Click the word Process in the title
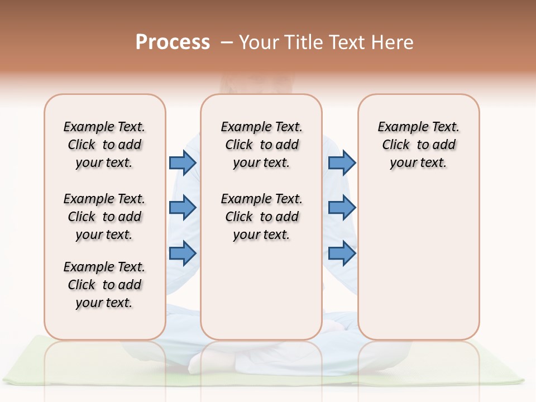(173, 42)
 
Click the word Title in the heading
(304, 42)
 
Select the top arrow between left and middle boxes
(183, 162)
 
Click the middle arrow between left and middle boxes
(183, 208)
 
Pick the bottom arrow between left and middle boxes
(183, 253)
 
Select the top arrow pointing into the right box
(342, 162)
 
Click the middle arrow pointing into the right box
(342, 208)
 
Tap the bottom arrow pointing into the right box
(342, 253)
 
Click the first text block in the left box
(104, 145)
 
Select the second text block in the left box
(104, 217)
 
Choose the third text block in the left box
(104, 285)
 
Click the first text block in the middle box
(261, 145)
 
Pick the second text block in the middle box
(261, 217)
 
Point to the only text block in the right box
(418, 145)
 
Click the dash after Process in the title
(227, 42)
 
